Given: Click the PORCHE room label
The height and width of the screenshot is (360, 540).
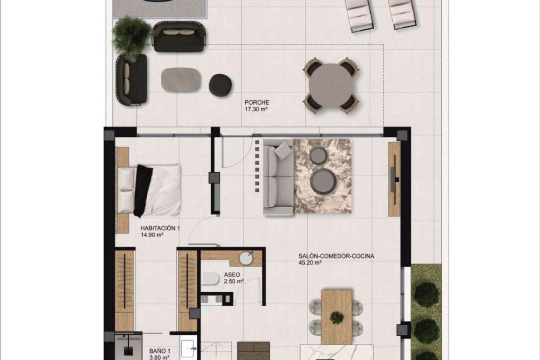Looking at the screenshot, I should tap(256, 103).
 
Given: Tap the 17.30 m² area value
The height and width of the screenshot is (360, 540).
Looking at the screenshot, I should tap(256, 109).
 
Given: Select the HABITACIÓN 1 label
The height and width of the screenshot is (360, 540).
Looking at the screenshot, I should tap(160, 228).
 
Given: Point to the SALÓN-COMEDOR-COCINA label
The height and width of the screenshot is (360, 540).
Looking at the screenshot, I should tap(336, 256).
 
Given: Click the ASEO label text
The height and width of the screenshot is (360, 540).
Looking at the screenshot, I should tap(232, 274).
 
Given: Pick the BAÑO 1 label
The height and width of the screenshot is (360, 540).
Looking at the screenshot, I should tap(159, 351).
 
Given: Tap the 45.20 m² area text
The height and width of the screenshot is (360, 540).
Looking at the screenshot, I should tap(310, 263).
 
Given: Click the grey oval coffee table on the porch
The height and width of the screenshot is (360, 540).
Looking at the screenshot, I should tap(181, 80).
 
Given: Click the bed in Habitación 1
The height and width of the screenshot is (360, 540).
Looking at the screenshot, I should tap(152, 190).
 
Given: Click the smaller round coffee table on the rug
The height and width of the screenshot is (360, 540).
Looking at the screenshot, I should tap(318, 155).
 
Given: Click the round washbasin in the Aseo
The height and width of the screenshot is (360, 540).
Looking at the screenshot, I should tap(247, 258).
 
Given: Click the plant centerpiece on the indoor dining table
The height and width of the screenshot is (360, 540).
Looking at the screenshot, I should tap(337, 317).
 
